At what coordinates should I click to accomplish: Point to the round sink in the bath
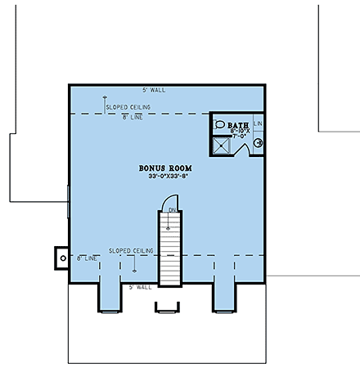[x=258, y=142]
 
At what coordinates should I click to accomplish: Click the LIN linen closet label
[x=258, y=123]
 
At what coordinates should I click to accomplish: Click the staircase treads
[x=169, y=253]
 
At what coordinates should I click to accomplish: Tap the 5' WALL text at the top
[x=153, y=89]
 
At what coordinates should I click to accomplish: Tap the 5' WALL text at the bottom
[x=140, y=287]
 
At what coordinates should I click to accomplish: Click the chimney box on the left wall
[x=62, y=256]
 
